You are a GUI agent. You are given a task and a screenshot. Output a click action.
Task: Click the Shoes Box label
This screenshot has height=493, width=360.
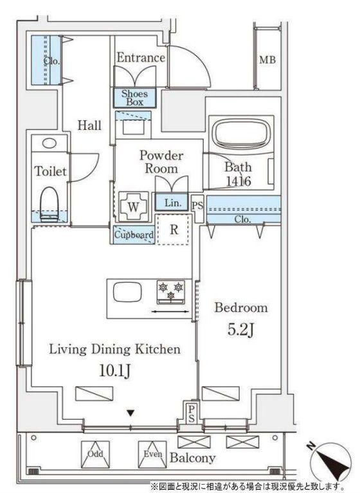pos(134,98)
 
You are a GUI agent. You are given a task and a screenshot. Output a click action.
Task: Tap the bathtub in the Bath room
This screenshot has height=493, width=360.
pos(242,133)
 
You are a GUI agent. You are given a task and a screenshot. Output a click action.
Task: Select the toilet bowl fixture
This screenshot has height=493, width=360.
pos(50,204)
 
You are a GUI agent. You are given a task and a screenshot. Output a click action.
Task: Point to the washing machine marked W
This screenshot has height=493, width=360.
pos(134,206)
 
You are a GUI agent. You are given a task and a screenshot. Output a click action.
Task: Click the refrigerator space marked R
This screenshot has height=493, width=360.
pos(174,229)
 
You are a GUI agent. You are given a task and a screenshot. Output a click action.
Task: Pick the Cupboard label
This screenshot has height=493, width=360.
pos(134,235)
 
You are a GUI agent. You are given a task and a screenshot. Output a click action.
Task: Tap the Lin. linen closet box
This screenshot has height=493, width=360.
pos(172,202)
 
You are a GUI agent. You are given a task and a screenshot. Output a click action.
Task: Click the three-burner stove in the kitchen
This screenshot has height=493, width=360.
pos(171,292)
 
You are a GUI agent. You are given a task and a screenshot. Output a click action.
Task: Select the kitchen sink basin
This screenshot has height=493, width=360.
pos(127,292)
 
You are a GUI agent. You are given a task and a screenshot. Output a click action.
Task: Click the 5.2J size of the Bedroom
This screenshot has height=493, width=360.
pos(241,330)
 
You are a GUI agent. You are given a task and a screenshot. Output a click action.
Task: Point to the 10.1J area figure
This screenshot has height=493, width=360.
pos(115,371)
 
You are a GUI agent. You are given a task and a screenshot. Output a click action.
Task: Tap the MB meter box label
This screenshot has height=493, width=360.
pos(267,59)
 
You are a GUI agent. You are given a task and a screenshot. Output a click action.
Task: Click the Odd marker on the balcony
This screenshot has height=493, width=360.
pos(95,454)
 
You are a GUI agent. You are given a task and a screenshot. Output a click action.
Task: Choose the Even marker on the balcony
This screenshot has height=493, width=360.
pos(153,454)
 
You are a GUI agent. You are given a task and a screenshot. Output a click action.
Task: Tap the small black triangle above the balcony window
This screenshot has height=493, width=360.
pos(130,413)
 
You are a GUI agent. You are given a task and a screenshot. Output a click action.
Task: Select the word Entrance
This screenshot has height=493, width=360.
pos(141,58)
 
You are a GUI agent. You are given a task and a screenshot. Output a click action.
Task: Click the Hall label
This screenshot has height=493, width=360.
pos(89,125)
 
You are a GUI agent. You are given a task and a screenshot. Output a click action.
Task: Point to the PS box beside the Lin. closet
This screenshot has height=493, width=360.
pos(198,206)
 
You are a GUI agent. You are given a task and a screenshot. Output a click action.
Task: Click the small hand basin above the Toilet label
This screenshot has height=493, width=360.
pos(50,143)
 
